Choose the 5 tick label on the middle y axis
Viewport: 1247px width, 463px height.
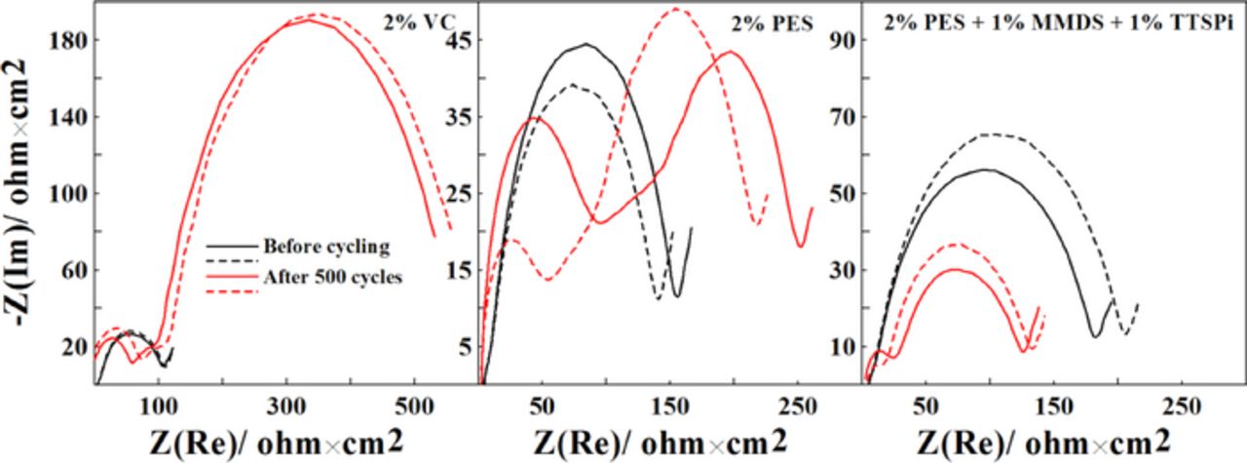coord(467,346)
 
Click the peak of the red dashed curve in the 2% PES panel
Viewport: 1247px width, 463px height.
coord(676,10)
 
